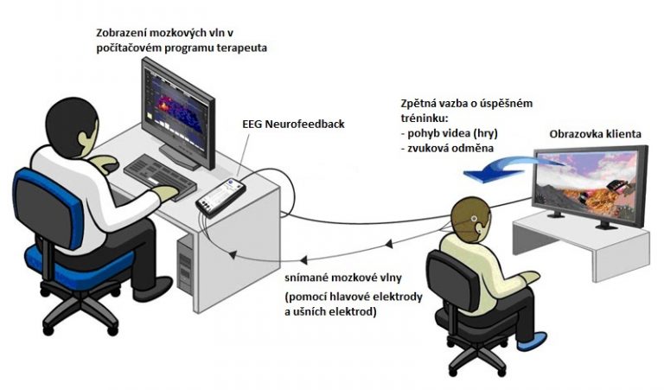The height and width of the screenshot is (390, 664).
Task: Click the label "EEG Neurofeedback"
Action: (x=293, y=125)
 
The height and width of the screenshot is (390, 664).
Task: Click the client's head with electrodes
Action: (x=470, y=221)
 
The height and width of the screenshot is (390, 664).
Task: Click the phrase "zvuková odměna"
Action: (x=450, y=148)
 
